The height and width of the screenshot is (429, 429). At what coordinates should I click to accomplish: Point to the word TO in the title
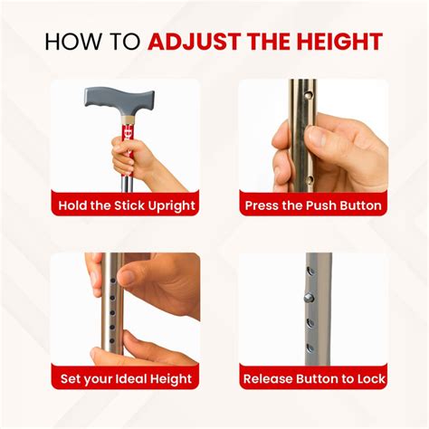pyautogui.click(x=127, y=42)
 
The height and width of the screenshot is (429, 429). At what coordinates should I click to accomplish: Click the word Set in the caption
pyautogui.click(x=71, y=379)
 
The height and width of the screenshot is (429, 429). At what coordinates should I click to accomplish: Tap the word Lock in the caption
pyautogui.click(x=368, y=379)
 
